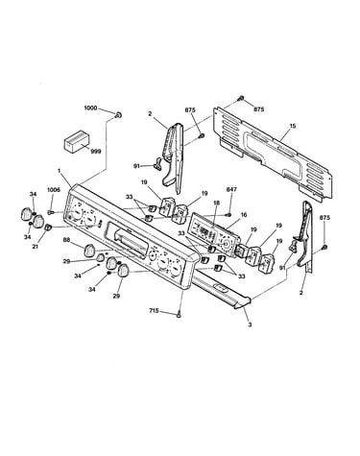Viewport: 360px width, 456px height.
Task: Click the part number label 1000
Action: (x=90, y=108)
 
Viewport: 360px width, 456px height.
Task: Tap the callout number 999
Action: (x=96, y=151)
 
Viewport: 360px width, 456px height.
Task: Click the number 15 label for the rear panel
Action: (x=293, y=126)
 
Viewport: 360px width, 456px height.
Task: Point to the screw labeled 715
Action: (x=180, y=315)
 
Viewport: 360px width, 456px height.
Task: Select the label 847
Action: (x=231, y=190)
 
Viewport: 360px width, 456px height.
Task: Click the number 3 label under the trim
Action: (x=250, y=324)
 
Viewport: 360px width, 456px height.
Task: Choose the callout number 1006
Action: (x=54, y=190)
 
